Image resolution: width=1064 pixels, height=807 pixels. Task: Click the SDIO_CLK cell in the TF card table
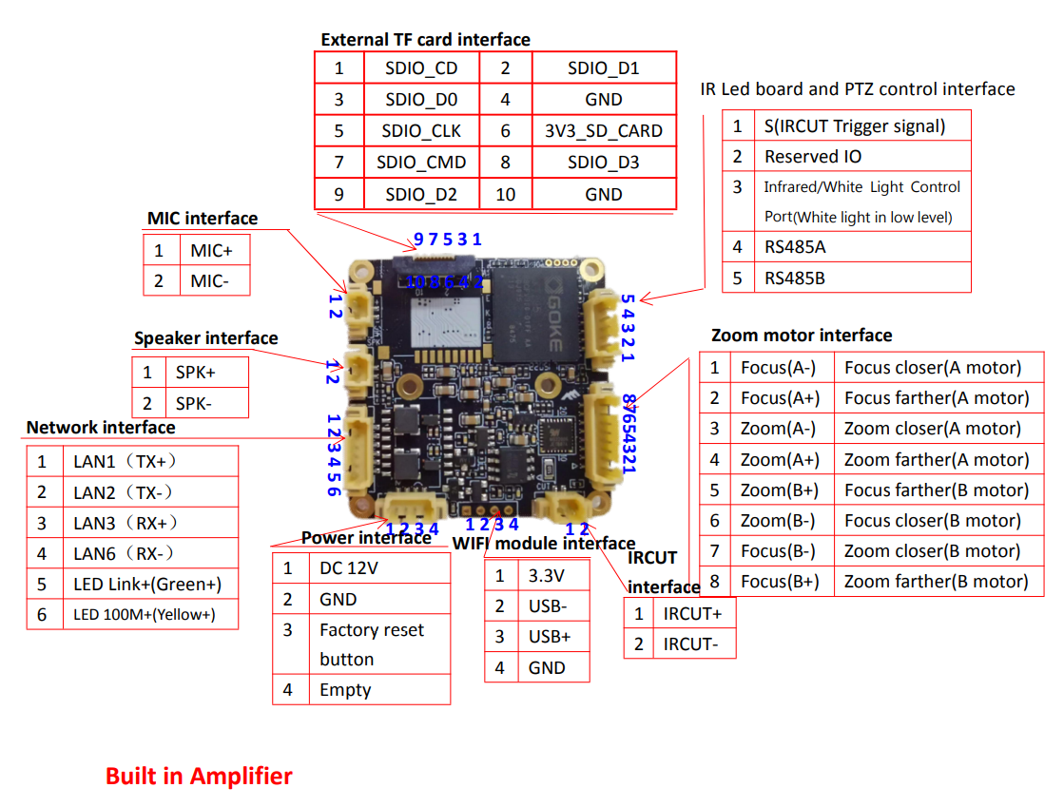click(x=421, y=131)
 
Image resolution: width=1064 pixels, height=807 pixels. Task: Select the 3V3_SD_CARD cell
click(x=603, y=131)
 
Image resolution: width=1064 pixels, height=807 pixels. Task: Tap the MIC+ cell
click(x=211, y=251)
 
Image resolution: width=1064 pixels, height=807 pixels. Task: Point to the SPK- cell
click(x=194, y=403)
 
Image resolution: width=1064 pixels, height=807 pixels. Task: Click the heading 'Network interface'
click(x=101, y=428)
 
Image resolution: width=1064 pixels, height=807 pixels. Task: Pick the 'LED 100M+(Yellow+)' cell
click(x=144, y=614)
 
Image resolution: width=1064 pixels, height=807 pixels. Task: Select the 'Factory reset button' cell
click(x=372, y=644)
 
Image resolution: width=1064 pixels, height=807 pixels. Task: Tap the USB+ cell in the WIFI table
click(x=550, y=637)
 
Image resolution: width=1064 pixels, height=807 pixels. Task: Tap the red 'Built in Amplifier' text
click(x=199, y=776)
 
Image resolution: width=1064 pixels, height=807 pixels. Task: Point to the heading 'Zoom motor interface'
click(x=802, y=336)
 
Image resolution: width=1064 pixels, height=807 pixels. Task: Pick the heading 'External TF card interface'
click(x=425, y=40)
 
